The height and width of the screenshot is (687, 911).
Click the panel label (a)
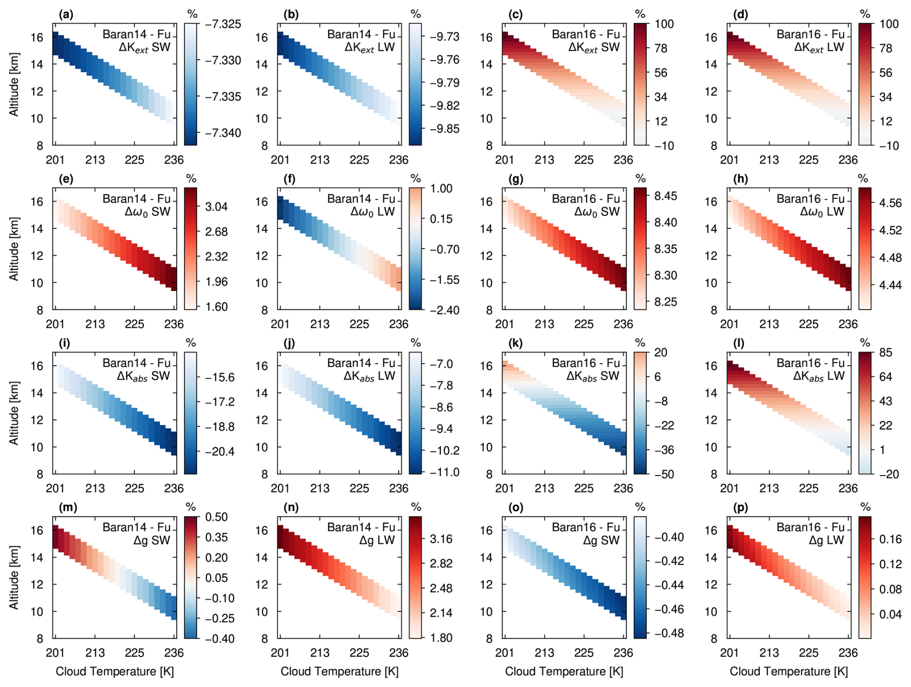(66, 14)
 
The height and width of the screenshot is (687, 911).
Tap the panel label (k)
(515, 343)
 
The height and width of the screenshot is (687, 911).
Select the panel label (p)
(740, 507)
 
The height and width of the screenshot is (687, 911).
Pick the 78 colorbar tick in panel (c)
(664, 48)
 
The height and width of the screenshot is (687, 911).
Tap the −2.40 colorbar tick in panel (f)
(444, 310)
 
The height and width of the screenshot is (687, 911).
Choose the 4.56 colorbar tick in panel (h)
(890, 203)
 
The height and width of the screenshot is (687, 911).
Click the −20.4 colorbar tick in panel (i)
(219, 451)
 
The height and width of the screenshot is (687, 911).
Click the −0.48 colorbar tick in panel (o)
(668, 633)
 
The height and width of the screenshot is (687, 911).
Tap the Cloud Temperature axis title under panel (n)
(339, 671)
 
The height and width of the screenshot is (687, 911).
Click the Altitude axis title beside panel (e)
(14, 249)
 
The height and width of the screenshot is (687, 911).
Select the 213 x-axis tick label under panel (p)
(769, 652)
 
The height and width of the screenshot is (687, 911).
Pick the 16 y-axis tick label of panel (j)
(261, 366)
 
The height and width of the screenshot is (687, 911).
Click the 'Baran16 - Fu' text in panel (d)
(810, 34)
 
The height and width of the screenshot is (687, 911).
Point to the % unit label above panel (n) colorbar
(416, 507)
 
